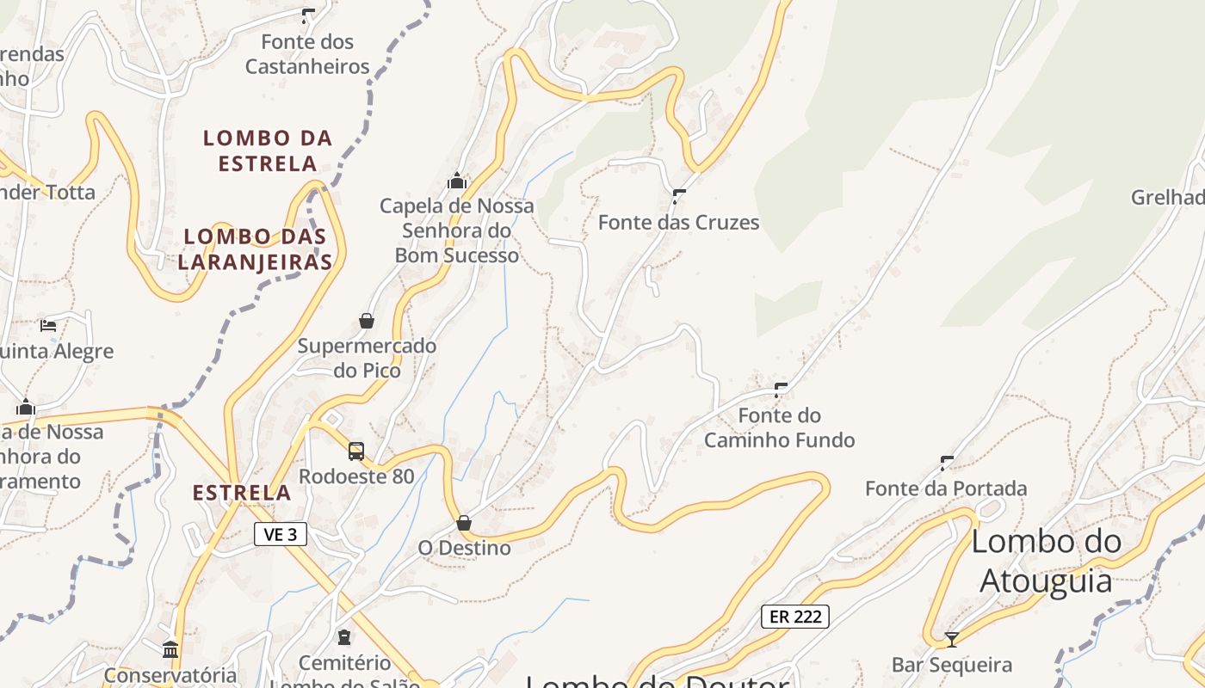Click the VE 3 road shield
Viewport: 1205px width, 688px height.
(x=281, y=534)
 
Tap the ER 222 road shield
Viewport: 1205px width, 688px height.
(x=794, y=616)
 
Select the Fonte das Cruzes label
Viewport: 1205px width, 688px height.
(x=678, y=223)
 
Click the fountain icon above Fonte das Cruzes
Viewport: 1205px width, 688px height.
(x=678, y=197)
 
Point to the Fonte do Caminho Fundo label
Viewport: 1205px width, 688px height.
(x=780, y=428)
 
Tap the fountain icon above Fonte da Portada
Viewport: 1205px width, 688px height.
(x=947, y=464)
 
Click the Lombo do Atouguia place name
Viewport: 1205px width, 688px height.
(x=1047, y=561)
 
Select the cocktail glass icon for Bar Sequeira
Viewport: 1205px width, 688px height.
(x=951, y=640)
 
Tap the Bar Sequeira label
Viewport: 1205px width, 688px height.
(x=951, y=665)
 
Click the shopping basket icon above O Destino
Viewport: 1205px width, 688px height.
(x=464, y=523)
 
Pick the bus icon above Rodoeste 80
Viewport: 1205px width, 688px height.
(x=356, y=451)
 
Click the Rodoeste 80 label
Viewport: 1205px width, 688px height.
(x=356, y=476)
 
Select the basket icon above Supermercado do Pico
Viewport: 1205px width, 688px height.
(x=367, y=321)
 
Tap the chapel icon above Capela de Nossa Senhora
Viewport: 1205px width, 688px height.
(x=457, y=181)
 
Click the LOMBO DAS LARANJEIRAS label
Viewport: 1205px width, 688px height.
(x=256, y=249)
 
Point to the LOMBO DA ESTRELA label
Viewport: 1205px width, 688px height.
(x=268, y=150)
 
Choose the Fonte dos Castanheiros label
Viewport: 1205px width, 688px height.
(x=307, y=54)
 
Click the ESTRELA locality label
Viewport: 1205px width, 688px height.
(x=242, y=493)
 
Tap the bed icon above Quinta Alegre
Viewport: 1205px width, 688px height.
(x=48, y=326)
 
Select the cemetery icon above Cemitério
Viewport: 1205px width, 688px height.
(x=344, y=637)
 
